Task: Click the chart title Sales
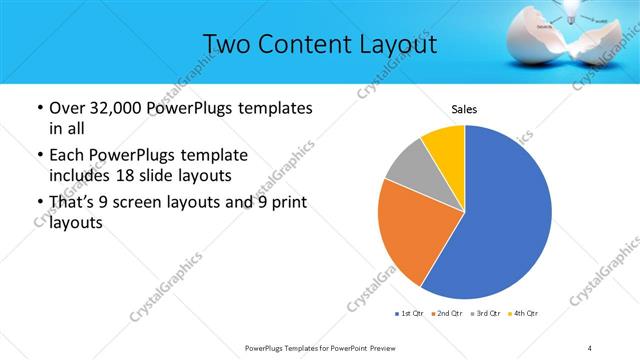click(x=464, y=108)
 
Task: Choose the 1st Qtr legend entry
click(x=410, y=314)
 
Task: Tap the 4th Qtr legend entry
click(x=523, y=314)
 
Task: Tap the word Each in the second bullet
click(x=67, y=156)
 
